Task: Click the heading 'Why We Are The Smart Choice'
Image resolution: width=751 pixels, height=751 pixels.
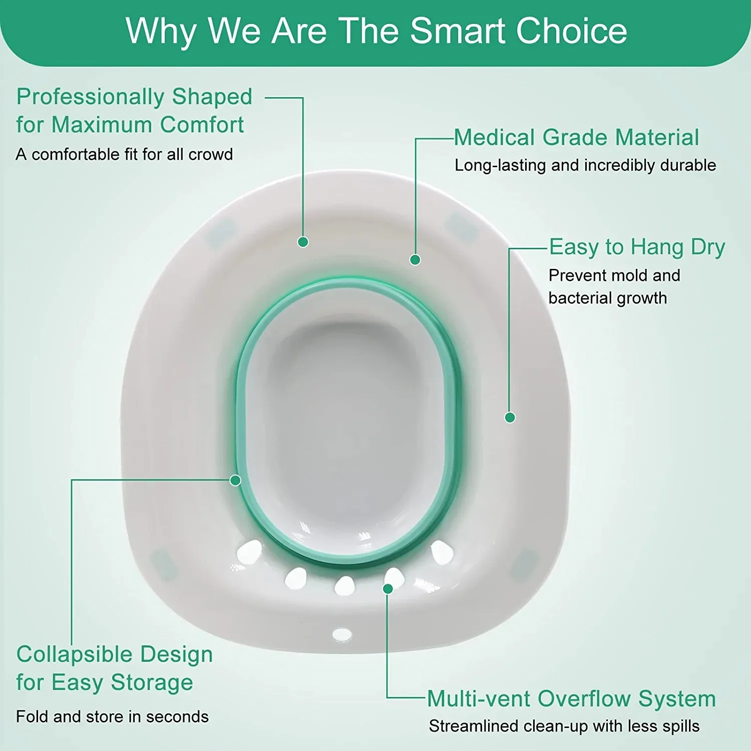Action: point(376,31)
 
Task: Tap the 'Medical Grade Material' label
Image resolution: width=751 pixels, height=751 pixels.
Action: point(576,138)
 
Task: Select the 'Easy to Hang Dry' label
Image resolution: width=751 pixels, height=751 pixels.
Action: point(637,247)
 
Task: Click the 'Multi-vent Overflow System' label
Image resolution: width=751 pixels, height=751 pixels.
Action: point(571,699)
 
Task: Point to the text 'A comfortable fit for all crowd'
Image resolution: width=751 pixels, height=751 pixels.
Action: point(124,154)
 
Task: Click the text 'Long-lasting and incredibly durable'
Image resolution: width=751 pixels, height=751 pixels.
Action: point(585,165)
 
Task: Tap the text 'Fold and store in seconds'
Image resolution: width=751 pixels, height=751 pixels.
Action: point(112,716)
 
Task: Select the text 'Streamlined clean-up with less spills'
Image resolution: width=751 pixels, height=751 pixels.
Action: point(564,726)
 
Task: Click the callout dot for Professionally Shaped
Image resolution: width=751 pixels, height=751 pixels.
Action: point(303,242)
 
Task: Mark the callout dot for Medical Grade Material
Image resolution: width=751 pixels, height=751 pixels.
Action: point(415,260)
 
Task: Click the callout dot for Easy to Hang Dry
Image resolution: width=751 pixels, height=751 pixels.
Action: point(510,418)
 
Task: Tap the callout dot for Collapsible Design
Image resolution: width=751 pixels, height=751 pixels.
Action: point(235,481)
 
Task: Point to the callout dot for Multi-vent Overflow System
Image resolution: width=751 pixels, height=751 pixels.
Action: point(388,589)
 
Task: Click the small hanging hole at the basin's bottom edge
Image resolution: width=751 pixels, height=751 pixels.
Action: point(342,634)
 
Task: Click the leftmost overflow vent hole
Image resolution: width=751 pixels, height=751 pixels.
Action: point(249,552)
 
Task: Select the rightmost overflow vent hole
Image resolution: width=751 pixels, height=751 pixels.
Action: point(442,552)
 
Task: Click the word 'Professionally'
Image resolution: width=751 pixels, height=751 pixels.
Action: point(91,97)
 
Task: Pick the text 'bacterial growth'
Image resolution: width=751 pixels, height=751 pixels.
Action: point(607,298)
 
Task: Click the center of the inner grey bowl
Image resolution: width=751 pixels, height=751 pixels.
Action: point(345,421)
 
